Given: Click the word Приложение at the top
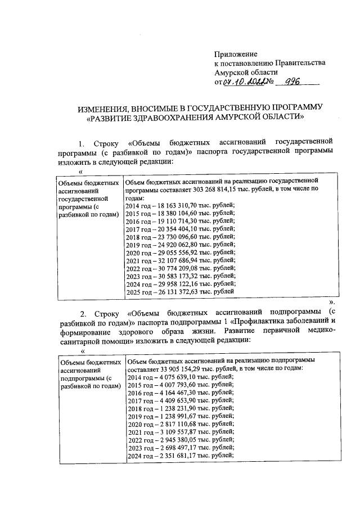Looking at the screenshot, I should pyautogui.click(x=235, y=55).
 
